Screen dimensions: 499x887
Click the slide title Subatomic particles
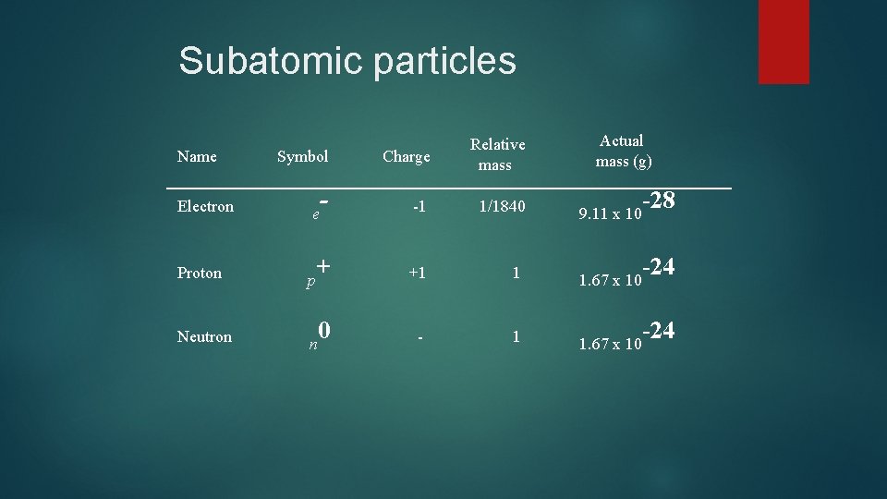[x=346, y=61]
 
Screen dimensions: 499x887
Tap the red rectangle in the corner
[x=784, y=42]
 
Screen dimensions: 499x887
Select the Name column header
[x=197, y=156]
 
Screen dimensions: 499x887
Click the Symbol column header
[x=302, y=156]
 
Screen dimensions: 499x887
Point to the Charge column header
[x=407, y=156]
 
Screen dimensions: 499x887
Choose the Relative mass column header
[x=497, y=154]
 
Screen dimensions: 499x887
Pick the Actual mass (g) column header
[x=623, y=152]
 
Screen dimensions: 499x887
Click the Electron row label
[x=205, y=206]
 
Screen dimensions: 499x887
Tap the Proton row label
[x=200, y=273]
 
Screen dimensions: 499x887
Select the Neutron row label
[x=204, y=336]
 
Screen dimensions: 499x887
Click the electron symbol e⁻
[x=321, y=208]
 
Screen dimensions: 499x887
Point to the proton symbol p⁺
[x=318, y=273]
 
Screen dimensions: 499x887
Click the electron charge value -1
[x=419, y=207]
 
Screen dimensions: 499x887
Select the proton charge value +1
[x=418, y=273]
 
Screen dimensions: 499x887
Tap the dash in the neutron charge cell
[x=419, y=338]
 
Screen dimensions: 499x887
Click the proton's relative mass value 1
[x=516, y=273]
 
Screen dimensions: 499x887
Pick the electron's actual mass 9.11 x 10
[x=610, y=215]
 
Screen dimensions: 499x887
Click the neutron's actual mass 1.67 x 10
[x=610, y=345]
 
